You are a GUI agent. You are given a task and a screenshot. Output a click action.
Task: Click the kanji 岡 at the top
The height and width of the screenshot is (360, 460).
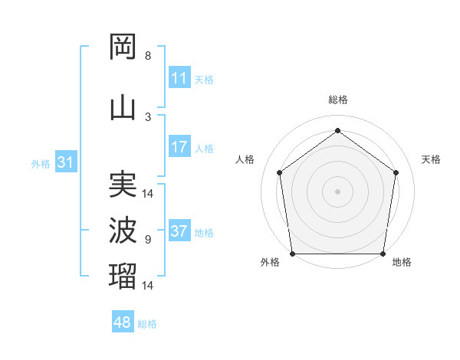click(x=123, y=47)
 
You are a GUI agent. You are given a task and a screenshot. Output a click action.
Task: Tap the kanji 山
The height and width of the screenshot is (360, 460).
click(x=123, y=107)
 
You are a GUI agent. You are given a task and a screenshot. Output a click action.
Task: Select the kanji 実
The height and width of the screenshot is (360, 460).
click(x=123, y=184)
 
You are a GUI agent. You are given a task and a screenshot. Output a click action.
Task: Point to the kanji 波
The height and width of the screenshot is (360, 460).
click(x=123, y=230)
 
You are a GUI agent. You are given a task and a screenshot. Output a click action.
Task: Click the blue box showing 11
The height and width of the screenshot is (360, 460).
click(x=179, y=78)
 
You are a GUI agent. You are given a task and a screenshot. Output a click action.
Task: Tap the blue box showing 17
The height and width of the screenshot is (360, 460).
click(x=179, y=147)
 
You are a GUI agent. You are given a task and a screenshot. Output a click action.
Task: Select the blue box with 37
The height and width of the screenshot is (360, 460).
click(x=179, y=231)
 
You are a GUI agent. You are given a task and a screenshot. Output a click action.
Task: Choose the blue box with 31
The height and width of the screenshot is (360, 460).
click(x=65, y=162)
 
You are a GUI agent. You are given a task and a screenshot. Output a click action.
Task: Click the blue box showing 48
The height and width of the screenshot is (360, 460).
click(x=123, y=322)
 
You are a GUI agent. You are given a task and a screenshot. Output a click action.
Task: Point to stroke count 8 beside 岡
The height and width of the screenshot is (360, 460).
click(x=148, y=56)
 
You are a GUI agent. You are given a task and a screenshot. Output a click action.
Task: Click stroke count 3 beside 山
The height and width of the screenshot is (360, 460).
click(x=148, y=116)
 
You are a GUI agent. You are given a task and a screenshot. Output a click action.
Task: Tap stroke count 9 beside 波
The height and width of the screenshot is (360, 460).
click(x=148, y=239)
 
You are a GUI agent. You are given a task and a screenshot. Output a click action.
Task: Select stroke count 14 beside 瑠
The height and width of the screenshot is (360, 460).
click(x=148, y=285)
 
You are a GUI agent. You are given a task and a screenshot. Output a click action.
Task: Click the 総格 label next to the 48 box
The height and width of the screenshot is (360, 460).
click(x=147, y=324)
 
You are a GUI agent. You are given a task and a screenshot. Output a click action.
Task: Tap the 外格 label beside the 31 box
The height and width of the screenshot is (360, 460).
click(x=41, y=163)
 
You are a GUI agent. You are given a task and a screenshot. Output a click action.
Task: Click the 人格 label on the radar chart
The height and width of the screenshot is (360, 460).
click(x=245, y=159)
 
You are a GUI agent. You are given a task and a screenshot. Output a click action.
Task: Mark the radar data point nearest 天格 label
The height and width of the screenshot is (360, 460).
click(x=396, y=172)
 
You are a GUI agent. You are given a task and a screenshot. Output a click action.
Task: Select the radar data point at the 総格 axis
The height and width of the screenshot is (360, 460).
click(x=337, y=130)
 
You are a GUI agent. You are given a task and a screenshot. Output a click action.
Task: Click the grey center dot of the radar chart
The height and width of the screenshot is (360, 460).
click(x=337, y=191)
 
